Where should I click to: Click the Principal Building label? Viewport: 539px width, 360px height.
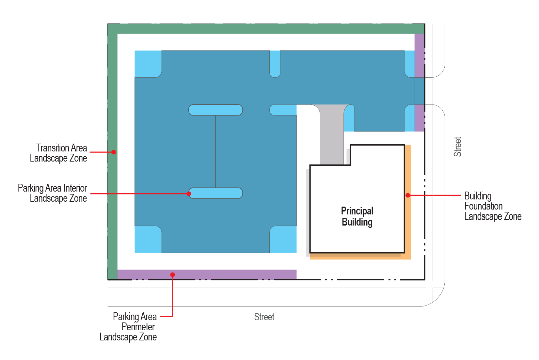pyautogui.click(x=357, y=216)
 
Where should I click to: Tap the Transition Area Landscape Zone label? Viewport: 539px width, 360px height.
pyautogui.click(x=58, y=153)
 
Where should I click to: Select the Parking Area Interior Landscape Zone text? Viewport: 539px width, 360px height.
pyautogui.click(x=53, y=193)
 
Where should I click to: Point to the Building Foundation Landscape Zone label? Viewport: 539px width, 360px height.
pyautogui.click(x=493, y=206)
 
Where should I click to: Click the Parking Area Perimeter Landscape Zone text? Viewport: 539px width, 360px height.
pyautogui.click(x=128, y=327)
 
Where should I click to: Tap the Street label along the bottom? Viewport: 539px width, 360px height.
pyautogui.click(x=264, y=317)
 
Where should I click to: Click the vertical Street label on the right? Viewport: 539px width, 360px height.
pyautogui.click(x=458, y=147)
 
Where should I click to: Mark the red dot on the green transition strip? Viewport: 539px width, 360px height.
pyautogui.click(x=114, y=152)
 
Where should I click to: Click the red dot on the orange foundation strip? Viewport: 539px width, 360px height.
pyautogui.click(x=408, y=196)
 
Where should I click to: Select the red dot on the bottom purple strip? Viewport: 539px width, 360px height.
pyautogui.click(x=172, y=274)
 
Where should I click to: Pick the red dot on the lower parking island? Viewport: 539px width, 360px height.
pyautogui.click(x=189, y=194)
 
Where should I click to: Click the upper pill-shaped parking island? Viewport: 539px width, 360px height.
pyautogui.click(x=215, y=110)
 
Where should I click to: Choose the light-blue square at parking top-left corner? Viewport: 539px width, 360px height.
pyautogui.click(x=147, y=63)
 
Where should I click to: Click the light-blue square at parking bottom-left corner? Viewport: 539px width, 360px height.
pyautogui.click(x=147, y=240)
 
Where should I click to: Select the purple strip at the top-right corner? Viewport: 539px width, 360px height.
pyautogui.click(x=420, y=55)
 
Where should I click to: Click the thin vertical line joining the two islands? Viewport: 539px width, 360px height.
pyautogui.click(x=215, y=151)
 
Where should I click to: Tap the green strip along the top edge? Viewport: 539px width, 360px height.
pyautogui.click(x=266, y=29)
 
